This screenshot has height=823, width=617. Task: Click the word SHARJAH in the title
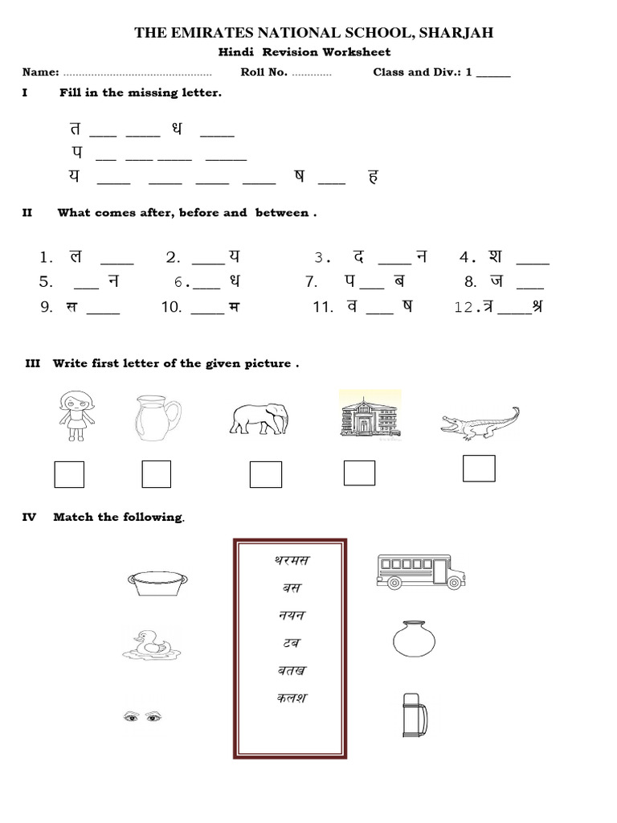pos(454,33)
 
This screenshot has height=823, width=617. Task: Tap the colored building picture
pos(370,416)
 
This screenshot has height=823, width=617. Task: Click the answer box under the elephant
pos(265,474)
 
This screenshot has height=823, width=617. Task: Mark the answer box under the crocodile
pos(479,469)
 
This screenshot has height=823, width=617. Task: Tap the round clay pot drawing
pos(413,641)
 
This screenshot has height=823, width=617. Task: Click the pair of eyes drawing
pos(141,714)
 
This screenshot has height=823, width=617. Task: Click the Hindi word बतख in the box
pos(290,670)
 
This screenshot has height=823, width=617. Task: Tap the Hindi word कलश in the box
pos(290,698)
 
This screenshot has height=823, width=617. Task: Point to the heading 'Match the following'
pos(118,517)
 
